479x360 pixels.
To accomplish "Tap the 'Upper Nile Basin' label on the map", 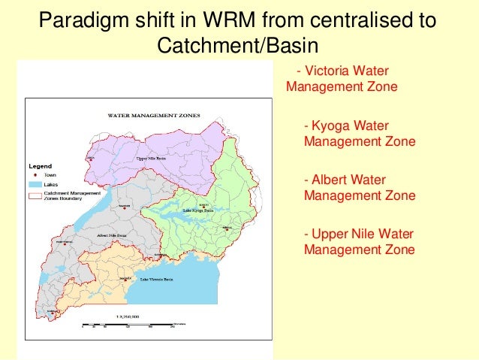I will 152,159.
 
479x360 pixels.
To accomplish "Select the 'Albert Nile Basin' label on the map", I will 113,235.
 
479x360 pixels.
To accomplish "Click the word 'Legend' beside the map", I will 40,165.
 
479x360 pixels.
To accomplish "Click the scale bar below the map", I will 128,325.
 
